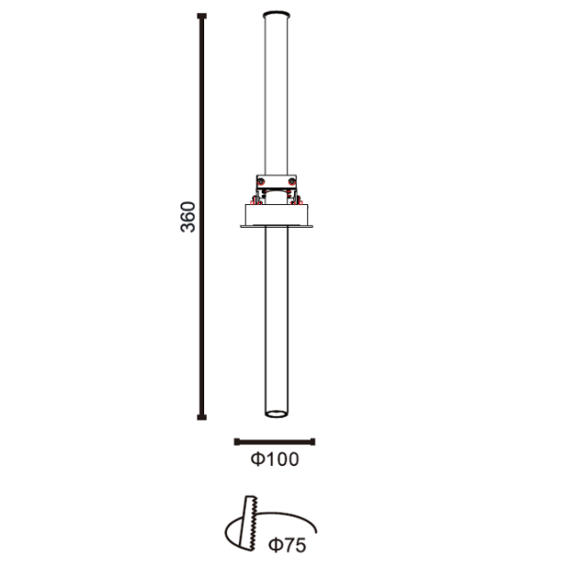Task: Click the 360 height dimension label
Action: click(x=188, y=217)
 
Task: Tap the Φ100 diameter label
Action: click(x=275, y=459)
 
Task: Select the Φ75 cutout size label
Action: click(x=287, y=545)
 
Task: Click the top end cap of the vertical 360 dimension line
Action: click(x=202, y=16)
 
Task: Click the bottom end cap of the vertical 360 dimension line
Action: click(x=202, y=418)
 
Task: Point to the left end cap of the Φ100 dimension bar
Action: click(x=237, y=441)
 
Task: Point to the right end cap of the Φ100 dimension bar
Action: click(x=313, y=441)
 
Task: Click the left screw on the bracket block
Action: click(x=262, y=181)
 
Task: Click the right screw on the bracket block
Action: click(x=291, y=181)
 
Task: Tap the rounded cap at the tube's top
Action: click(x=277, y=14)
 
